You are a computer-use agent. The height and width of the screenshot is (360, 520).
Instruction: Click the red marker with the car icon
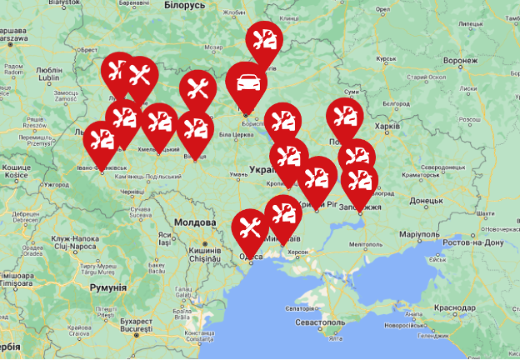pyautogui.click(x=247, y=82)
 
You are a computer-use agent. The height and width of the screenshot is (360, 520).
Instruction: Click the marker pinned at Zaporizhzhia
pyautogui.click(x=359, y=182)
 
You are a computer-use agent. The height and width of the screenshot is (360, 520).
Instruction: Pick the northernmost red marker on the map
pyautogui.click(x=264, y=39)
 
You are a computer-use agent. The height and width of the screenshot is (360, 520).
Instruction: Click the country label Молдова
pyautogui.click(x=194, y=222)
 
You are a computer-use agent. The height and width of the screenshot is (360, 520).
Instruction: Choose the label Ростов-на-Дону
pyautogui.click(x=473, y=242)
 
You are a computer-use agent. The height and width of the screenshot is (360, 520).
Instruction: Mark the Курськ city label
pyautogui.click(x=387, y=59)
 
